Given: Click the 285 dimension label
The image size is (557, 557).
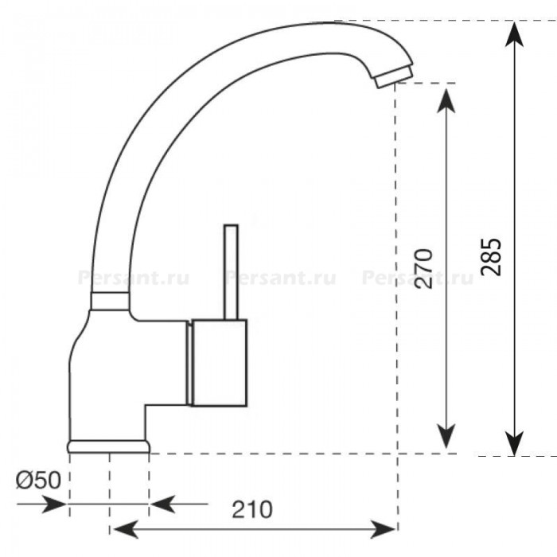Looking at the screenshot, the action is pyautogui.click(x=491, y=257).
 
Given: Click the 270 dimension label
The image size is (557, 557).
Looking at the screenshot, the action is pyautogui.click(x=424, y=269).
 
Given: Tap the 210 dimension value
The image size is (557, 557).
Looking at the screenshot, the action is pyautogui.click(x=252, y=509).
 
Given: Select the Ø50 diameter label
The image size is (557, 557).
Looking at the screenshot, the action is pyautogui.click(x=38, y=481).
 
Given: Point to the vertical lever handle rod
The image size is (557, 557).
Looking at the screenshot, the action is pyautogui.click(x=231, y=272).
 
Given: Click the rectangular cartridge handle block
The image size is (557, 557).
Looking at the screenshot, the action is pyautogui.click(x=219, y=362).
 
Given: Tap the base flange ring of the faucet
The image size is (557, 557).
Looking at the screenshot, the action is pyautogui.click(x=108, y=446).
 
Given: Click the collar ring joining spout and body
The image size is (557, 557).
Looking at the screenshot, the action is pyautogui.click(x=110, y=302).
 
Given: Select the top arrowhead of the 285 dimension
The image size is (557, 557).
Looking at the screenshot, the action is pyautogui.click(x=514, y=33).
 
